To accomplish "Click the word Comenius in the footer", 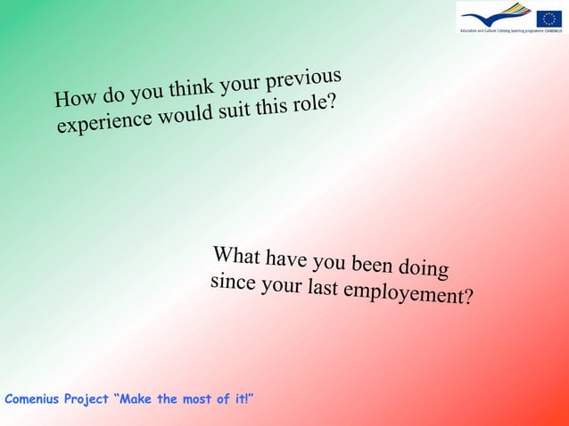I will tap(31, 398).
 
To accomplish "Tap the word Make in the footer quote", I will tap(137, 398).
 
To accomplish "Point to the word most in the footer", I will tap(197, 398).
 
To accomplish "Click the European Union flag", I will tap(548, 17).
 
